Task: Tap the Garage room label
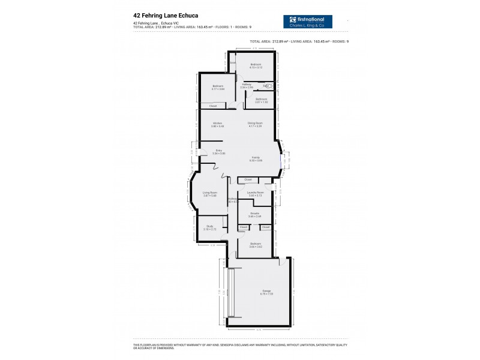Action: point(258,292)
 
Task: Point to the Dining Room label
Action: point(255,125)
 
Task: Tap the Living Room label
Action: point(209,194)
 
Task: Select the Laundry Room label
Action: point(255,194)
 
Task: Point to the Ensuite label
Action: point(255,214)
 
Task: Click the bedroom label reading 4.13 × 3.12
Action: point(256,66)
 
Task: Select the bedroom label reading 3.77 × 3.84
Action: point(218,88)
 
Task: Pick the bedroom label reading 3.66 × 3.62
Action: point(255,245)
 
